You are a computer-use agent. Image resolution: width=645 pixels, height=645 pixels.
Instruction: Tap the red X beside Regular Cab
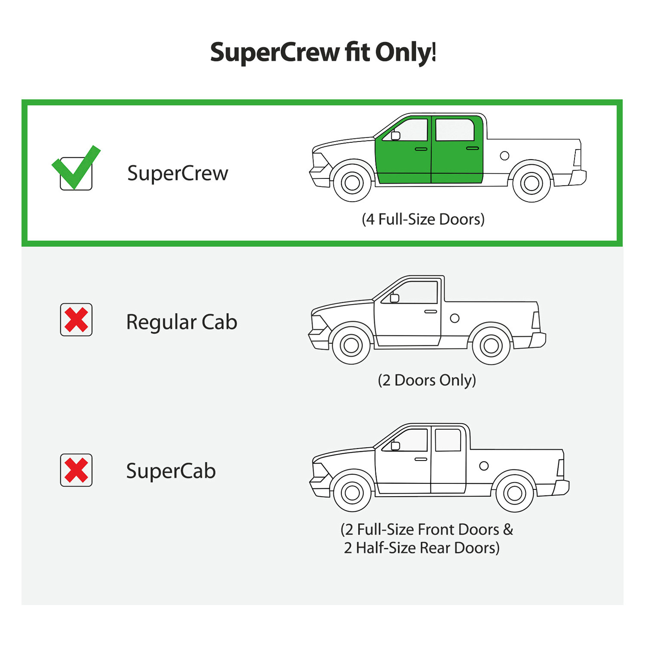pyautogui.click(x=76, y=320)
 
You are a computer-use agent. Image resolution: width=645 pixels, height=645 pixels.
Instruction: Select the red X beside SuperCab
pyautogui.click(x=76, y=470)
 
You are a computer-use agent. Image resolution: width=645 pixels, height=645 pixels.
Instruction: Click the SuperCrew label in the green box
pyautogui.click(x=178, y=173)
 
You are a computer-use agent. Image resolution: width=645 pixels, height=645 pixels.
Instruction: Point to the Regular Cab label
pyautogui.click(x=181, y=322)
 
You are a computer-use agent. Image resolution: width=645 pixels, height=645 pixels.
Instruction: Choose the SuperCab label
pyautogui.click(x=171, y=471)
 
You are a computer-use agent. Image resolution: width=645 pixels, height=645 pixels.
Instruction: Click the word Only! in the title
pyautogui.click(x=405, y=52)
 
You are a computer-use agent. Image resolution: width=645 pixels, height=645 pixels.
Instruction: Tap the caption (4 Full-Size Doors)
pyautogui.click(x=423, y=219)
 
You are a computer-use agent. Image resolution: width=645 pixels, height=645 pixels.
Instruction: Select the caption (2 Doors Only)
pyautogui.click(x=427, y=380)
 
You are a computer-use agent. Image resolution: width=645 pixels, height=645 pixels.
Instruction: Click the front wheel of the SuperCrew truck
pyautogui.click(x=352, y=183)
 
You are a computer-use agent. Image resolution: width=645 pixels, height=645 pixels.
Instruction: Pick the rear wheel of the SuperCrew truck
pyautogui.click(x=531, y=183)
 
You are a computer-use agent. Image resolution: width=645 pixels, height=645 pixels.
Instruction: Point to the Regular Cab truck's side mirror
pyautogui.click(x=394, y=298)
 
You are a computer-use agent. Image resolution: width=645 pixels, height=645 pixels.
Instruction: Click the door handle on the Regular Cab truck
pyautogui.click(x=430, y=311)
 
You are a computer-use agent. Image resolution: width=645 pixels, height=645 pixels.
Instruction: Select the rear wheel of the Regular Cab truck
pyautogui.click(x=491, y=345)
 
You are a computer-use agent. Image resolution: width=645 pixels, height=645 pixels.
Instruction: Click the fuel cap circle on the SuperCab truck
pyautogui.click(x=484, y=466)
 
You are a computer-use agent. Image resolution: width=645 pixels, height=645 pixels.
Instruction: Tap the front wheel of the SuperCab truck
pyautogui.click(x=352, y=493)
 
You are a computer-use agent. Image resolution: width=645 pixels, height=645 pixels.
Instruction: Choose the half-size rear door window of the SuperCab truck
pyautogui.click(x=448, y=440)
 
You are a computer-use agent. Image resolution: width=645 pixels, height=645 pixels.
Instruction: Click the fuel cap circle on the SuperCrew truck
pyautogui.click(x=505, y=156)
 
